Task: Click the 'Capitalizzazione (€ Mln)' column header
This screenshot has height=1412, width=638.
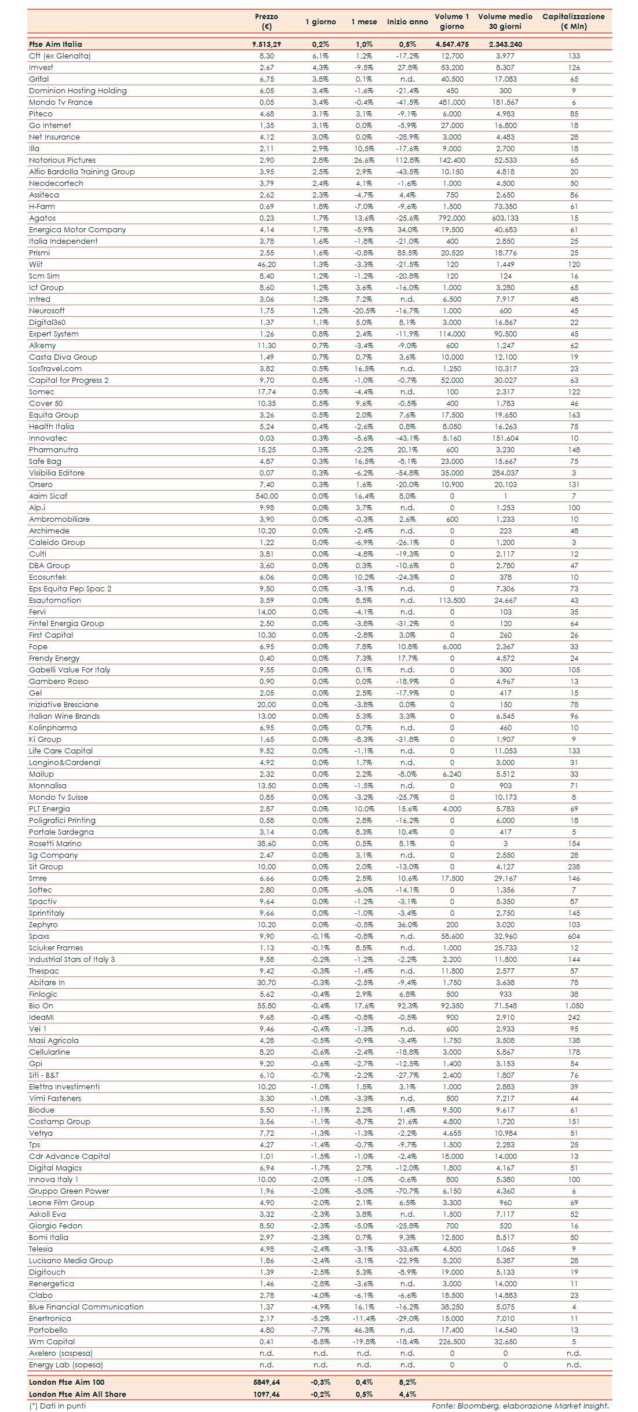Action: (573, 21)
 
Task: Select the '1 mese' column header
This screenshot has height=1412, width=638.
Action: (364, 22)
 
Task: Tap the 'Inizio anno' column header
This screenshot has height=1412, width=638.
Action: (407, 22)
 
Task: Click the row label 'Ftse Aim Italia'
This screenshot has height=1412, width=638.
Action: (56, 44)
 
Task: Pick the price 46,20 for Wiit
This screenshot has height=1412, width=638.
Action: (267, 264)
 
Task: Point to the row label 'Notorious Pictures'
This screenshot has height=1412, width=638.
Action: (62, 160)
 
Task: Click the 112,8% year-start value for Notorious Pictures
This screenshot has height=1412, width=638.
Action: (407, 160)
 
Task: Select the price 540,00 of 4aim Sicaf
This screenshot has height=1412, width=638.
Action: (267, 496)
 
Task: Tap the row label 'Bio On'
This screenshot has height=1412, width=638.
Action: (41, 1005)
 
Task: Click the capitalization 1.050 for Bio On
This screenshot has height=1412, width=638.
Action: (574, 1005)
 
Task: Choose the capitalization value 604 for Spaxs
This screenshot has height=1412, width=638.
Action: (574, 936)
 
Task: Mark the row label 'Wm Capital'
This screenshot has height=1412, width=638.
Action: (52, 1341)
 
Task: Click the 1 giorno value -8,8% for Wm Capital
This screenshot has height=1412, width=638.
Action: (320, 1341)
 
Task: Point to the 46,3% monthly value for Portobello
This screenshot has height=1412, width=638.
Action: (364, 1330)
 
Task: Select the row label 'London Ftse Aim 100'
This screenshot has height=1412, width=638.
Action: (67, 1382)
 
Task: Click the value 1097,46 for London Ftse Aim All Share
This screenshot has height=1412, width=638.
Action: (267, 1394)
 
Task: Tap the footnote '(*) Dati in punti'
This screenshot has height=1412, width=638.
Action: (57, 1406)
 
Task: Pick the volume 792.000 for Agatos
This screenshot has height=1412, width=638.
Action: (452, 218)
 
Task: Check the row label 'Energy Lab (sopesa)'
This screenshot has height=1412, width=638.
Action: (65, 1365)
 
